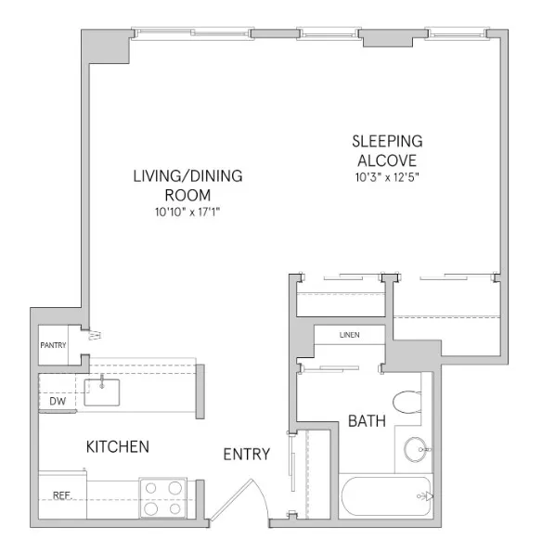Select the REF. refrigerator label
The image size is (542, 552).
pyautogui.click(x=61, y=495)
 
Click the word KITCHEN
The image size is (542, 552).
pyautogui.click(x=118, y=447)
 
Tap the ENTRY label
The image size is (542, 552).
pyautogui.click(x=247, y=454)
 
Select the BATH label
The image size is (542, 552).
pyautogui.click(x=368, y=421)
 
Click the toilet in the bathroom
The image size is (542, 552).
pyautogui.click(x=406, y=402)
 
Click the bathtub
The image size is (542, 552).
pyautogui.click(x=385, y=498)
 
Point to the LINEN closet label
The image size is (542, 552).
pyautogui.click(x=349, y=335)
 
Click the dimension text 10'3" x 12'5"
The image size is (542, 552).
pyautogui.click(x=387, y=176)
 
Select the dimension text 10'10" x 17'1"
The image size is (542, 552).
pyautogui.click(x=187, y=212)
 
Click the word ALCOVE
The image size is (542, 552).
pyautogui.click(x=387, y=160)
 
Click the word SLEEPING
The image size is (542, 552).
pyautogui.click(x=387, y=141)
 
